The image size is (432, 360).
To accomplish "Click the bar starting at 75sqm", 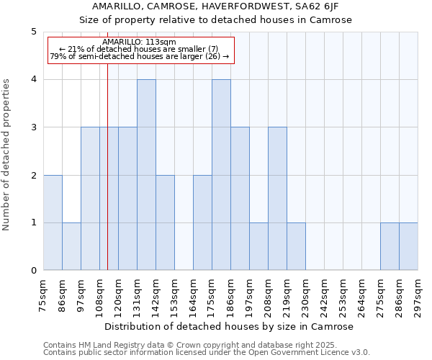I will [x=53, y=222].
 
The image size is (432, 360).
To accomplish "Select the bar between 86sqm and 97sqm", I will [x=71, y=246].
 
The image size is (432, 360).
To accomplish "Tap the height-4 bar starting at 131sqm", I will [x=146, y=175].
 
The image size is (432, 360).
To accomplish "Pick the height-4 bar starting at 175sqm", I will [x=221, y=175].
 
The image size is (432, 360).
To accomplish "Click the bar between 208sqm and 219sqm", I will [x=277, y=199].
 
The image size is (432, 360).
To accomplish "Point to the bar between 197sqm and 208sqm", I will [x=258, y=246].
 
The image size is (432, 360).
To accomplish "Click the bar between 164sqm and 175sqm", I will [x=202, y=222].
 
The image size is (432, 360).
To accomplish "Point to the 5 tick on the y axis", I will [x=33, y=32].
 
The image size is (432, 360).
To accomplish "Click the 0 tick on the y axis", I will [x=33, y=271].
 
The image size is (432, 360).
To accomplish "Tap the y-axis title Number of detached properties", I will [x=6, y=155].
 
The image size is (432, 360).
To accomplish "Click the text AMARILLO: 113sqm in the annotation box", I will [x=139, y=42].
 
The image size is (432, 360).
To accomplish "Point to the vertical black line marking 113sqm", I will [x=107, y=180].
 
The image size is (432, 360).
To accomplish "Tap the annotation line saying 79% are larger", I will [x=139, y=56].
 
